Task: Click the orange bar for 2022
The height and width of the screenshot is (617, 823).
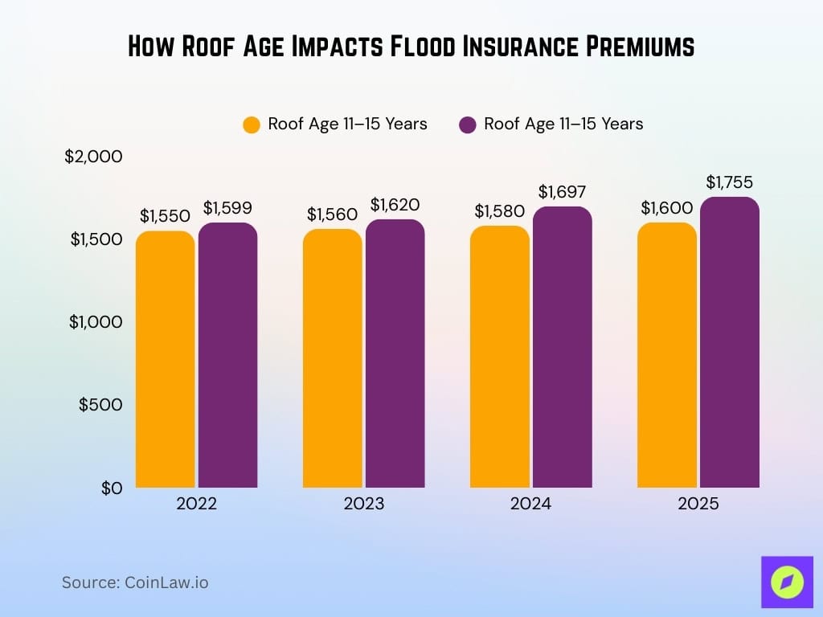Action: (x=166, y=359)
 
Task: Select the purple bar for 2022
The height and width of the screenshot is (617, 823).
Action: (x=228, y=355)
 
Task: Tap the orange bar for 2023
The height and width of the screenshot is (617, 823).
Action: (x=333, y=358)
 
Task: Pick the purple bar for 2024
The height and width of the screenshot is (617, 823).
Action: (x=563, y=347)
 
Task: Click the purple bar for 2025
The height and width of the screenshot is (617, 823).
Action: (x=730, y=342)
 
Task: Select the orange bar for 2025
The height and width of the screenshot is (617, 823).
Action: (x=667, y=355)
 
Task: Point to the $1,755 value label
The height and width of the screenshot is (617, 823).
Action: (x=730, y=182)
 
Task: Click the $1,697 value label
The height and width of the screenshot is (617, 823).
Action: (x=563, y=192)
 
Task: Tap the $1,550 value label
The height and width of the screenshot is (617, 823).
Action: (x=165, y=216)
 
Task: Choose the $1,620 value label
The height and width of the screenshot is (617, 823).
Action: (x=395, y=205)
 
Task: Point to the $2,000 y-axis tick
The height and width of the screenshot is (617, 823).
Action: (x=93, y=157)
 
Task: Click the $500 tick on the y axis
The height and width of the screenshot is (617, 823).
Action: (x=100, y=405)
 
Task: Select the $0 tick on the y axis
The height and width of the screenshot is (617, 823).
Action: (x=111, y=488)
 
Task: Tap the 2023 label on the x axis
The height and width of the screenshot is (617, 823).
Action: (x=363, y=505)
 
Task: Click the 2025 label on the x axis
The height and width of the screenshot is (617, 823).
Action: (x=698, y=505)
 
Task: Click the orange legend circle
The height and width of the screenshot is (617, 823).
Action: (x=252, y=125)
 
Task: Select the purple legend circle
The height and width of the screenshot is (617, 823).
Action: (x=467, y=125)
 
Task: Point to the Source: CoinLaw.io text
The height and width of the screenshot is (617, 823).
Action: (x=135, y=582)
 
